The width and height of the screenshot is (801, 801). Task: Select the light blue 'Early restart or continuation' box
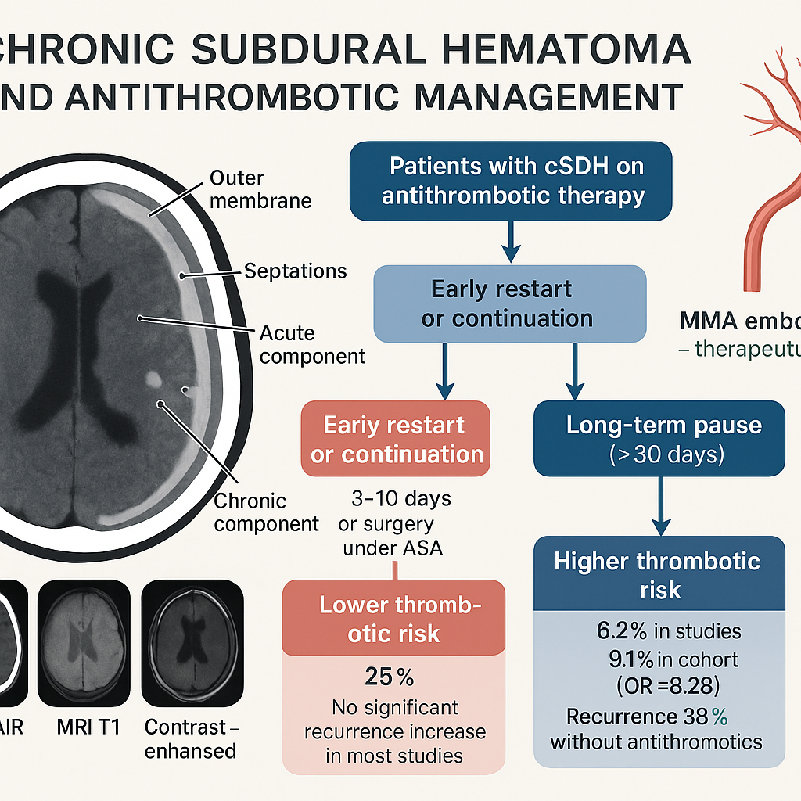[x=509, y=304]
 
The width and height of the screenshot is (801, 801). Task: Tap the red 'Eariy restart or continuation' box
[x=396, y=439]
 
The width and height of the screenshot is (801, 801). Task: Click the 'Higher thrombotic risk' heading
[x=658, y=574]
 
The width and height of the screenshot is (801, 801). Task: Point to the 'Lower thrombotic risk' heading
[x=394, y=619]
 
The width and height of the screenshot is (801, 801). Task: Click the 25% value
[x=389, y=676]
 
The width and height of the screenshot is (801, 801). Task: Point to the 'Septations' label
[x=295, y=271]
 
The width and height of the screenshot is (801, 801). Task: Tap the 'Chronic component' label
[x=266, y=512]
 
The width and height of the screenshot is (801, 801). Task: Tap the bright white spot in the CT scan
[x=154, y=380]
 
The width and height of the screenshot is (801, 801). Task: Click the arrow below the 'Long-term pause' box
[x=659, y=506]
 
